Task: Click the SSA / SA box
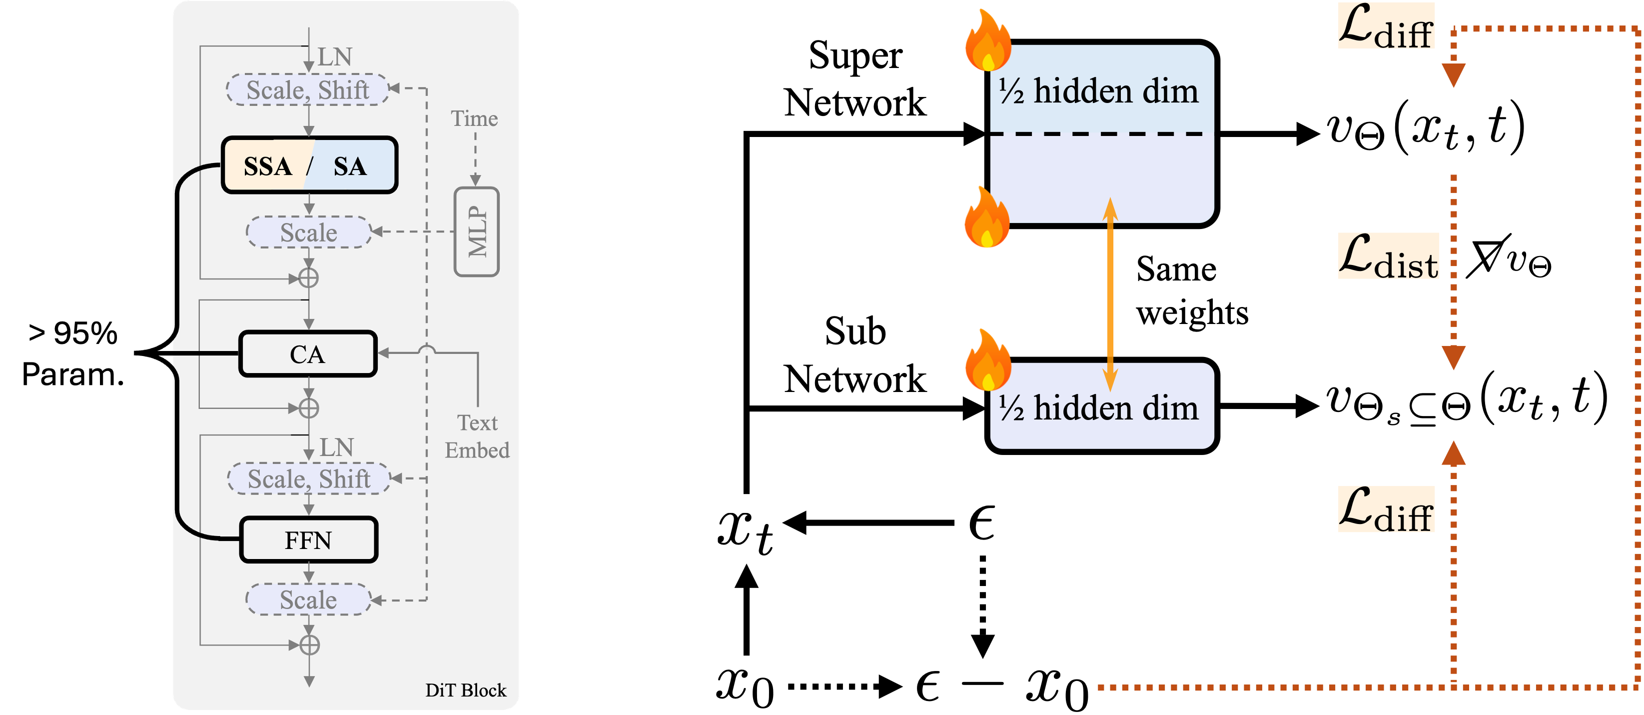309,166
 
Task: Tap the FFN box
309,540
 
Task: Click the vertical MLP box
477,231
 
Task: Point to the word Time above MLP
474,118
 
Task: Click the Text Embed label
477,436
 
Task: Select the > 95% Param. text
73,353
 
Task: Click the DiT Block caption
465,690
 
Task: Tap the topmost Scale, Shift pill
308,90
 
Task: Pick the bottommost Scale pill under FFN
308,600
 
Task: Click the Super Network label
854,78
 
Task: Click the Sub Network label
854,355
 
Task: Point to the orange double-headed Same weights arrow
1110,293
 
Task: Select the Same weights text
1191,290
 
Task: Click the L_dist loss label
1388,257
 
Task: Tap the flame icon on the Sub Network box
987,360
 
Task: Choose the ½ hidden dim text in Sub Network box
1098,408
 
